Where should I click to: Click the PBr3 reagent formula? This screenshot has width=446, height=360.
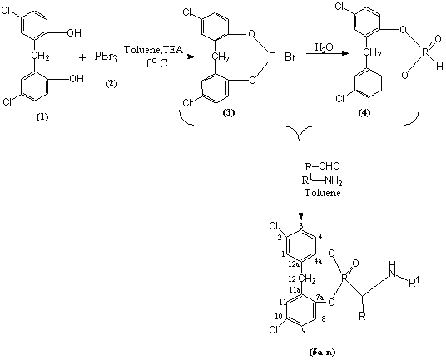[107, 57]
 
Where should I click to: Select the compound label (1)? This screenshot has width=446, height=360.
[42, 116]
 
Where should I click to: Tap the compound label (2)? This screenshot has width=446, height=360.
[111, 84]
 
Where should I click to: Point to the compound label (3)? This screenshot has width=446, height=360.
[228, 112]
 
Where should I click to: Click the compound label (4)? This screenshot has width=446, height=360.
[364, 112]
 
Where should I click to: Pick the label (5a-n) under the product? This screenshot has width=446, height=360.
[322, 353]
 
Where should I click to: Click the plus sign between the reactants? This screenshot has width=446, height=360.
[82, 57]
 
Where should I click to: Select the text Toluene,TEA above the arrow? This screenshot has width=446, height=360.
[153, 50]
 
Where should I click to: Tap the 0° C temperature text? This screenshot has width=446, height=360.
[157, 63]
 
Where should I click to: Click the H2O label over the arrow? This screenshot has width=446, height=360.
[324, 47]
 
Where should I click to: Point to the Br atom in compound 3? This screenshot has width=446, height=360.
[290, 57]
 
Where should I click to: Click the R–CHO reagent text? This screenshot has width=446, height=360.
[323, 166]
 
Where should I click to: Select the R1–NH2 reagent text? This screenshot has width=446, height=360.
[322, 180]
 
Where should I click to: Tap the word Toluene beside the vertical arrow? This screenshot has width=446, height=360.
[323, 193]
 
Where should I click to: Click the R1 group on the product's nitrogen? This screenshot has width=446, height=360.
[414, 282]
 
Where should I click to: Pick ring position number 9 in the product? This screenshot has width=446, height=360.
[304, 331]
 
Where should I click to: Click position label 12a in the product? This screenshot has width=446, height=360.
[292, 265]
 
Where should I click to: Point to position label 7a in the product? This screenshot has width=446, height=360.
[320, 298]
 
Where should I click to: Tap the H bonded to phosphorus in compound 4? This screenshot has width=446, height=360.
[439, 67]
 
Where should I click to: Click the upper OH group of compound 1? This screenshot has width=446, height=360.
[74, 33]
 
